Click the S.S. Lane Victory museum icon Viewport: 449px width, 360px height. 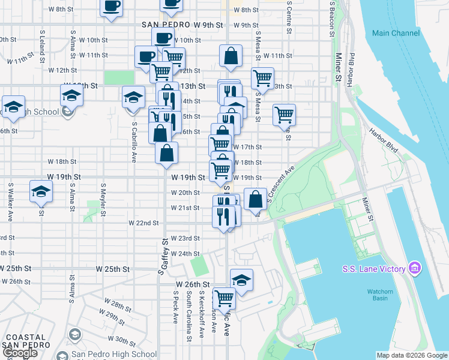(x=414, y=269)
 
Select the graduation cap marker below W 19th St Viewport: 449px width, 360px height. (x=41, y=192)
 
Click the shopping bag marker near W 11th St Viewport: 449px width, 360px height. (x=231, y=56)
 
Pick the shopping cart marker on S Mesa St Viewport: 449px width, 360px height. (x=262, y=78)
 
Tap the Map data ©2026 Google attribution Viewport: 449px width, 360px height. (x=412, y=355)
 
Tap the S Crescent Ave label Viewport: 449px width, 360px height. (x=283, y=184)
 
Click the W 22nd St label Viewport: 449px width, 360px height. (x=143, y=223)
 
